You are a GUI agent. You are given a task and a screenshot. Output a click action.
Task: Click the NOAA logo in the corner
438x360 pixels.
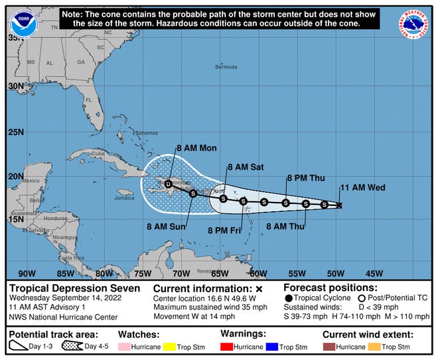25,24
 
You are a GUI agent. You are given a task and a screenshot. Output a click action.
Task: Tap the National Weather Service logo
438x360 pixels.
413,24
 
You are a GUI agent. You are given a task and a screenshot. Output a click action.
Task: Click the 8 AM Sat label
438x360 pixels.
246,167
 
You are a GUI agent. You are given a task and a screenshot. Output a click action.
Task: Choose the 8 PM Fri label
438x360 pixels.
227,230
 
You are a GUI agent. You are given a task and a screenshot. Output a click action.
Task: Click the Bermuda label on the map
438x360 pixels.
226,67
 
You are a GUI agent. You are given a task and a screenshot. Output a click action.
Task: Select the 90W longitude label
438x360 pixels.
27,272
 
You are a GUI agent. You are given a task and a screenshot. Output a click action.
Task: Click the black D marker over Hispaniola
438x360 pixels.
169,184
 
